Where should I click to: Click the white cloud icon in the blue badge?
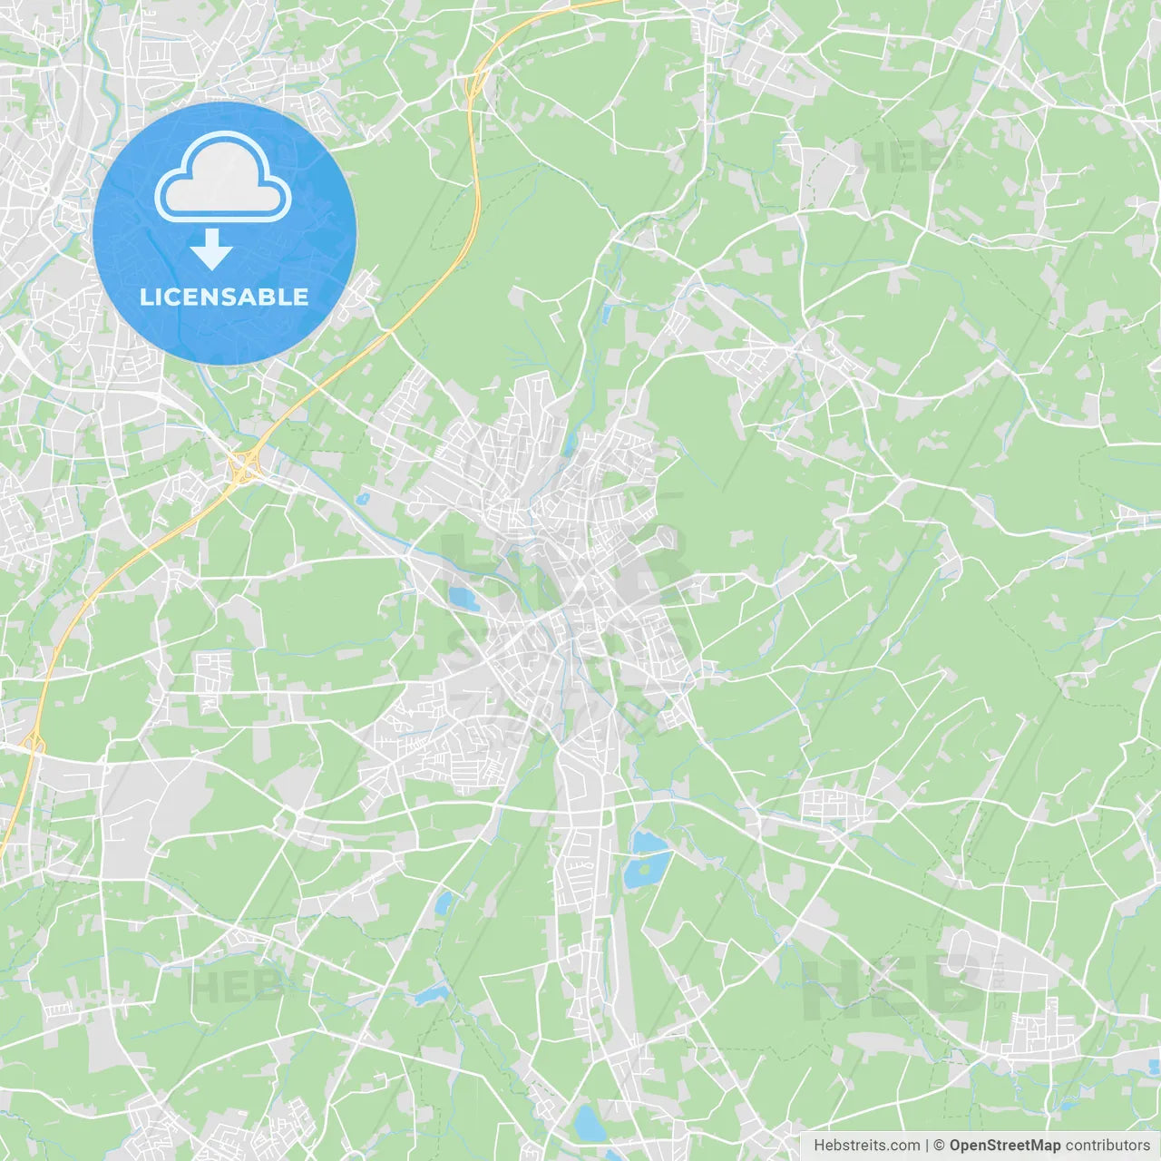[223, 178]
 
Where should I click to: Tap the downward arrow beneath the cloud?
[211, 249]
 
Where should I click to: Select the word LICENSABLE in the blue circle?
[224, 297]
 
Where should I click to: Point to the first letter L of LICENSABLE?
[145, 297]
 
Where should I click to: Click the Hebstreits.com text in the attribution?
[866, 1146]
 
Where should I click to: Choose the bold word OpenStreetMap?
[1004, 1146]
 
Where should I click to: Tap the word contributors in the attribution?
[1107, 1146]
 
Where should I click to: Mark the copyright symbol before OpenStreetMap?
[939, 1146]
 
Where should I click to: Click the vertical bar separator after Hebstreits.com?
[927, 1146]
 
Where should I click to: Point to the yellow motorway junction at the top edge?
[473, 87]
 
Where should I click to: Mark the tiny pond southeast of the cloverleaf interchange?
[363, 498]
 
